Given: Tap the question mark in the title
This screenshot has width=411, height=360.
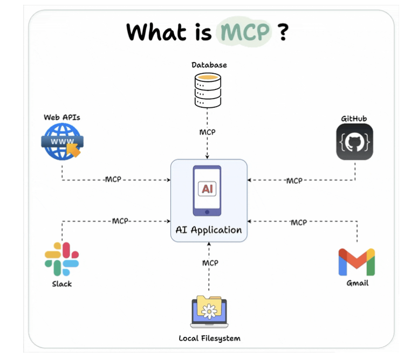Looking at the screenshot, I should click(x=282, y=32).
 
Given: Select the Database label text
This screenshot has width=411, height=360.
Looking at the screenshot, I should click(x=209, y=65).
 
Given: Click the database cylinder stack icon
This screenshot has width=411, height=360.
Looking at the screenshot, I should click(x=208, y=90).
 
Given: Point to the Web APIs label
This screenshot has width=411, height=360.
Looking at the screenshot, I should click(x=61, y=117).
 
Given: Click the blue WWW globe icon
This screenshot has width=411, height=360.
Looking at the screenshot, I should click(x=61, y=141).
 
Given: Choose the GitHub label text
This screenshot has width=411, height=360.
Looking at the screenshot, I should click(x=354, y=119).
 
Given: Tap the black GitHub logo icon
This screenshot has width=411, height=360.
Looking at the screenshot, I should click(x=354, y=142).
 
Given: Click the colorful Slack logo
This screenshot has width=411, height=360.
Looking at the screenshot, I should click(x=61, y=259).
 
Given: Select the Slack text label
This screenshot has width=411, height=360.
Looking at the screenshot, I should click(x=61, y=283).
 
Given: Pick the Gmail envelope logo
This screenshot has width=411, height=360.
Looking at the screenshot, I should click(x=357, y=262).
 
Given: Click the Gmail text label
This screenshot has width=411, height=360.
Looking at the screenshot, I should click(x=357, y=283).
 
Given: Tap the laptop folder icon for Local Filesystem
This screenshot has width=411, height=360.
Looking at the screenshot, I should click(x=209, y=312).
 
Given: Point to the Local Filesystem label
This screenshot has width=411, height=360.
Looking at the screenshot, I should click(x=209, y=338).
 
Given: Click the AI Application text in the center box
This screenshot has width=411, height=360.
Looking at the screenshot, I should click(x=209, y=230).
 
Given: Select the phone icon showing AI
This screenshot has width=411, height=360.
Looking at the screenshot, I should click(x=207, y=190).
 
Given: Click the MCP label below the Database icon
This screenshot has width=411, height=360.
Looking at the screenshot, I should click(x=208, y=132).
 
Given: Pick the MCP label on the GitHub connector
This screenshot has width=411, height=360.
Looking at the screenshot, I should click(x=294, y=181).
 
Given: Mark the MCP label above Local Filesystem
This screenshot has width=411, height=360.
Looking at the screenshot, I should click(x=210, y=263).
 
